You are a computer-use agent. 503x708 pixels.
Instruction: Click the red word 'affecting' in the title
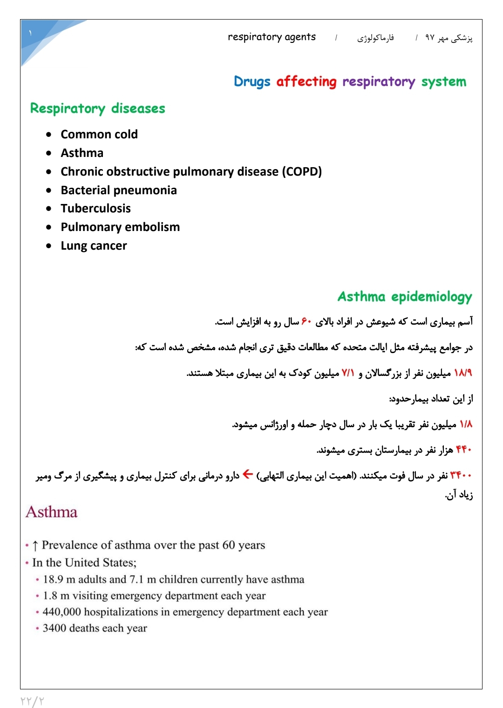[x=306, y=82]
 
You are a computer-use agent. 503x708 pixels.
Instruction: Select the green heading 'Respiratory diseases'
[x=97, y=109]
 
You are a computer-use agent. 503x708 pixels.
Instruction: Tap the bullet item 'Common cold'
[x=99, y=134]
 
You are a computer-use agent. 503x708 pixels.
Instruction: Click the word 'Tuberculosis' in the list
[x=95, y=208]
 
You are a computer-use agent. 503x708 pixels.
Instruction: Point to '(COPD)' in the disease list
[x=301, y=171]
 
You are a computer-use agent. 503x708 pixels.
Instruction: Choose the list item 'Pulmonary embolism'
[x=120, y=227]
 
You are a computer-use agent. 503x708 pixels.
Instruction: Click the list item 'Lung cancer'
[x=94, y=245]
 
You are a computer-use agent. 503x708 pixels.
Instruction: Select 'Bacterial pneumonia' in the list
[x=119, y=190]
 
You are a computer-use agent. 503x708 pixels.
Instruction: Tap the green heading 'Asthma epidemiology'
[x=404, y=297]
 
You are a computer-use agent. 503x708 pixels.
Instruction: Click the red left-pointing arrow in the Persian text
[x=248, y=475]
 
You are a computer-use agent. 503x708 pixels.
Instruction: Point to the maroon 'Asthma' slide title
[x=52, y=512]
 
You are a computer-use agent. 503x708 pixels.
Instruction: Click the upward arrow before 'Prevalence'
[x=35, y=545]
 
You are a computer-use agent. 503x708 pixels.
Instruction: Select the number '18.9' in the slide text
[x=53, y=579]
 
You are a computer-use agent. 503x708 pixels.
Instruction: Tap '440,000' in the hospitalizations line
[x=61, y=612]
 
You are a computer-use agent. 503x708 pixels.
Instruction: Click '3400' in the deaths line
[x=54, y=628]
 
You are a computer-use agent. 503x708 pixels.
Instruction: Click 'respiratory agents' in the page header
[x=272, y=37]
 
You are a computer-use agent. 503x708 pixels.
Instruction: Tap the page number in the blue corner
[x=30, y=33]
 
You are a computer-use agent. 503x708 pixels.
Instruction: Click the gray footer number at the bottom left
[x=32, y=701]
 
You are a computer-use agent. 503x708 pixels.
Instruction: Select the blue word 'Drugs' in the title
[x=252, y=82]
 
